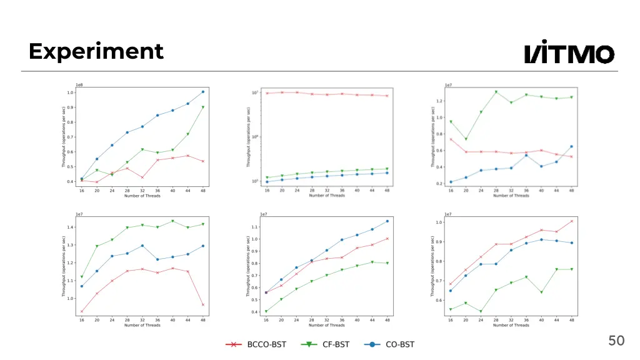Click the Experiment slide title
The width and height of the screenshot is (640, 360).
(96, 51)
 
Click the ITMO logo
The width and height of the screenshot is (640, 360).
(569, 53)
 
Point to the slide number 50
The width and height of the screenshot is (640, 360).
(616, 341)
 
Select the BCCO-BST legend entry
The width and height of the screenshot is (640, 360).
(256, 344)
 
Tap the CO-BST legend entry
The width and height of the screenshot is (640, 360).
(391, 344)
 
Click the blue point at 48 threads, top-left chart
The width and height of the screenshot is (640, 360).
(202, 92)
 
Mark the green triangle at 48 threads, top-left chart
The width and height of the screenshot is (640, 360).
(202, 107)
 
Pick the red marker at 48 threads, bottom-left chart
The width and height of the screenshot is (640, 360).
(202, 305)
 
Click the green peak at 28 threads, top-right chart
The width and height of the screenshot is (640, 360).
(496, 92)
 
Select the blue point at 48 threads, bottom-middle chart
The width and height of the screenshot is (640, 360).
(387, 221)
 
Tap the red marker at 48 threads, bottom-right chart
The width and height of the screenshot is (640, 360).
(571, 221)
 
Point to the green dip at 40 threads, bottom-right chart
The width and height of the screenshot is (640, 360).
(541, 292)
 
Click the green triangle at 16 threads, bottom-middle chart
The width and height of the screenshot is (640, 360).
(266, 311)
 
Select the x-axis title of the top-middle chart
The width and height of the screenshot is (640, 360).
(327, 196)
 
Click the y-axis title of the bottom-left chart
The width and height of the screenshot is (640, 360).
(63, 266)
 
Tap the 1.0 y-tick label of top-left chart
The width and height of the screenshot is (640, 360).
(71, 92)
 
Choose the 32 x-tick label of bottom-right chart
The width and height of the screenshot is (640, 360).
(511, 319)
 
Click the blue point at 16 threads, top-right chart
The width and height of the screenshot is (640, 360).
(451, 182)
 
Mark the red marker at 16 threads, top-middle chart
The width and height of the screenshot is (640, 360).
(267, 93)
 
